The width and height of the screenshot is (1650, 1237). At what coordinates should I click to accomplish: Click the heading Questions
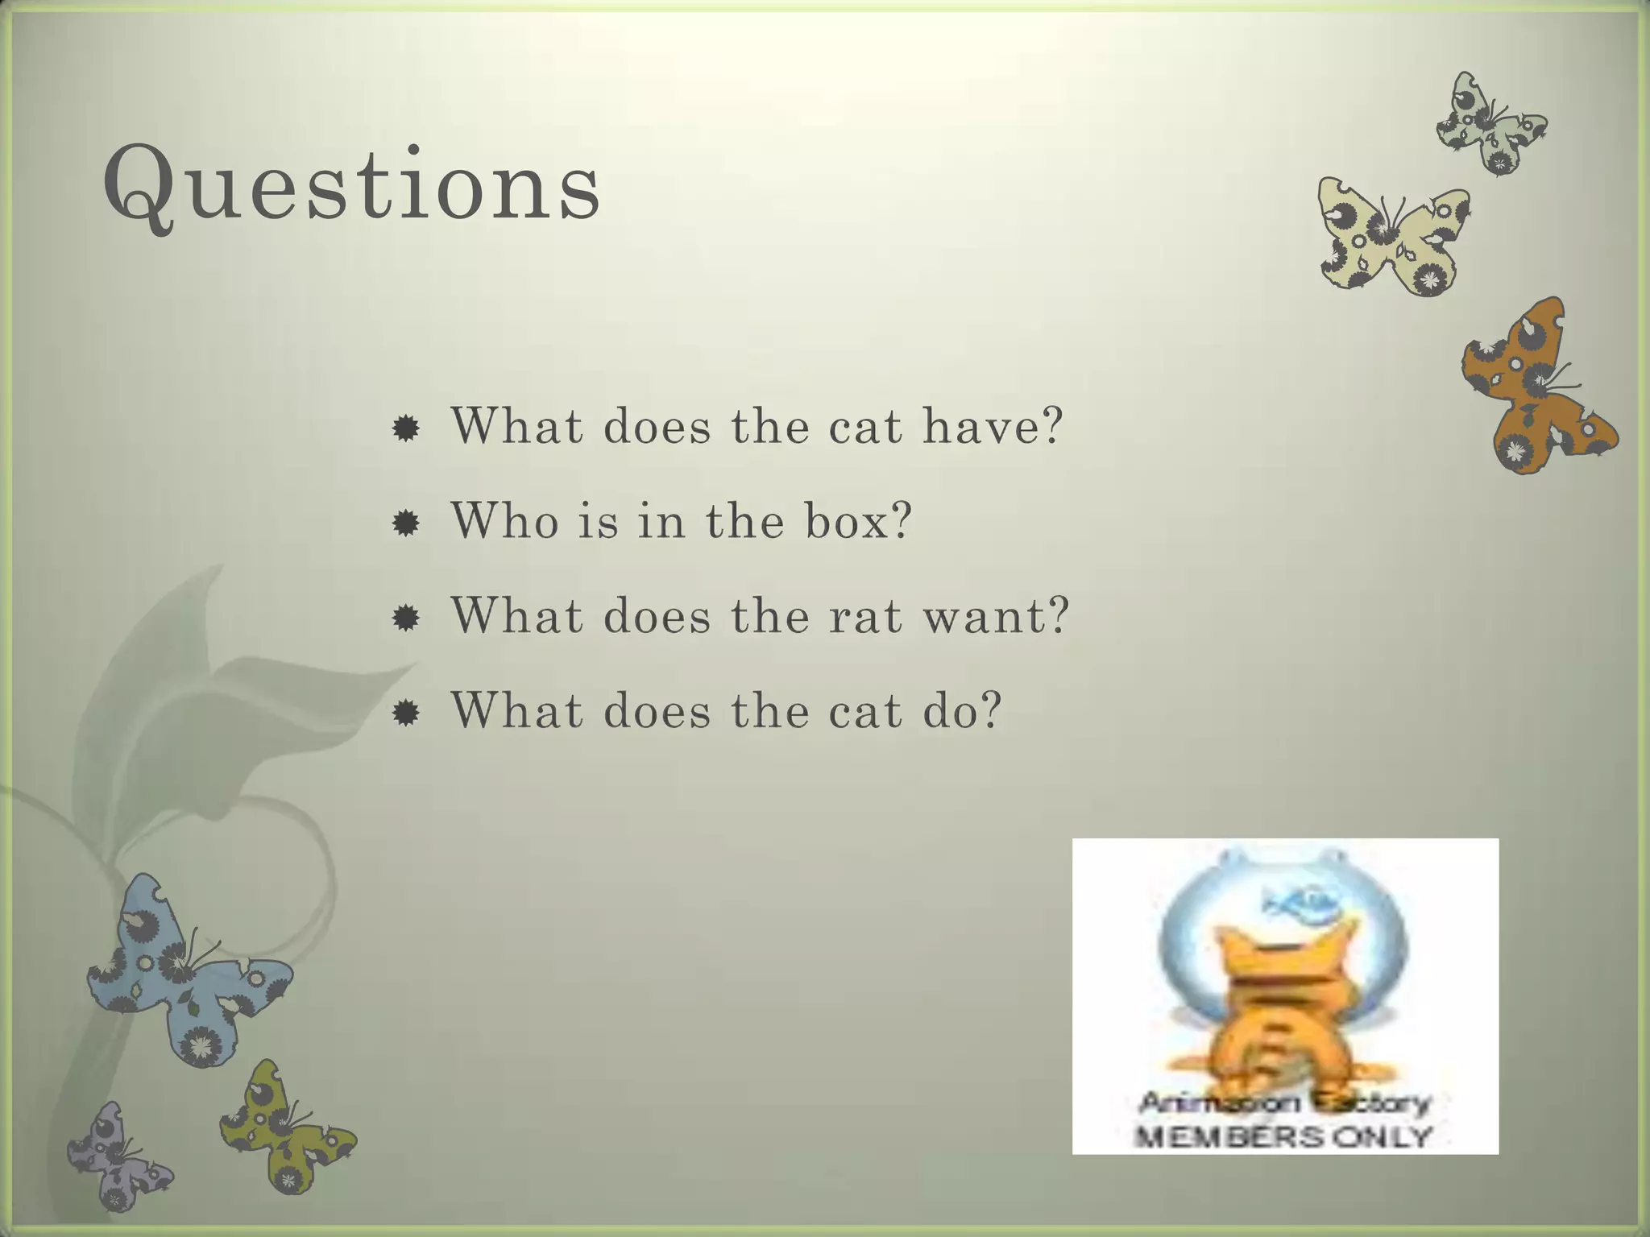(352, 187)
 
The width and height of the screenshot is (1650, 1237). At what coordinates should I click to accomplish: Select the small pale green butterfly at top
(1490, 125)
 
